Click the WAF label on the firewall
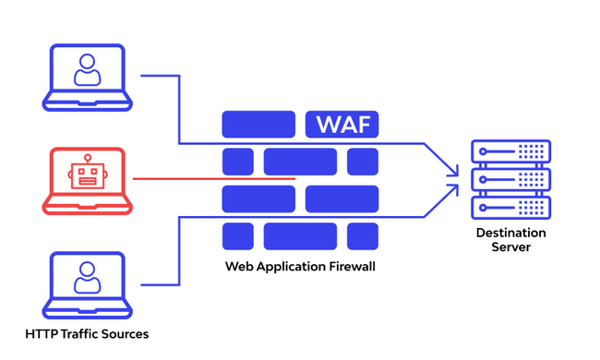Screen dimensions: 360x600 [x=342, y=124]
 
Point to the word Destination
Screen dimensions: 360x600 [x=510, y=233]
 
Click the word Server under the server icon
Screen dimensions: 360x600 [x=510, y=247]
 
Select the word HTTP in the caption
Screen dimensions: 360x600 [x=42, y=333]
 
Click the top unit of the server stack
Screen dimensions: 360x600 [x=510, y=151]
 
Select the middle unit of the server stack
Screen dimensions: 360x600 [x=510, y=178]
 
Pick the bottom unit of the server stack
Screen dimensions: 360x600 [x=510, y=205]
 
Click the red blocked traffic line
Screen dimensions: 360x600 [x=212, y=178]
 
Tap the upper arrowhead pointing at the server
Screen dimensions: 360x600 [x=452, y=168]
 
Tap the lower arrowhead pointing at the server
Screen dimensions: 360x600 [x=452, y=190]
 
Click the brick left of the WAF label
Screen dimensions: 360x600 [x=258, y=124]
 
